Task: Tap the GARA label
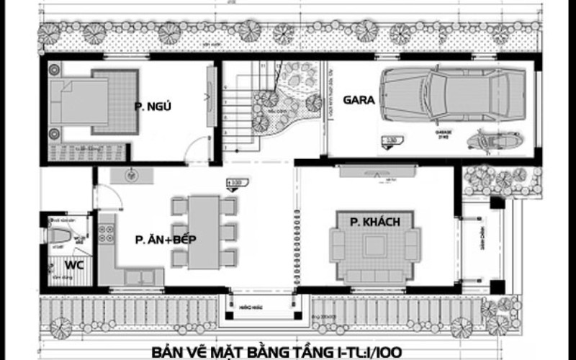coord(359,101)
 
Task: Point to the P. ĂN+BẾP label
coord(166,240)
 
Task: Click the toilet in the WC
coord(62,235)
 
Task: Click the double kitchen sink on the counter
coord(138,276)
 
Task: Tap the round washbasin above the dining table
coord(132,173)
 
